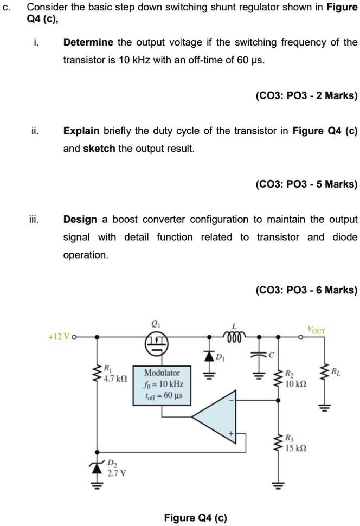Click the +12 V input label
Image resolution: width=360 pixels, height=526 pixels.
[x=61, y=336]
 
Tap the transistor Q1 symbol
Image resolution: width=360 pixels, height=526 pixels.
[x=157, y=342]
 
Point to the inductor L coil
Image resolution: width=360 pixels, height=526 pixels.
[x=235, y=336]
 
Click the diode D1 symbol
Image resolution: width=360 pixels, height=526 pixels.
[x=208, y=355]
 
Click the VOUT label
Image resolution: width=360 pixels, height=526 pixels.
[x=317, y=329]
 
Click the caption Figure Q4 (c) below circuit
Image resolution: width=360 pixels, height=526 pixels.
[x=195, y=517]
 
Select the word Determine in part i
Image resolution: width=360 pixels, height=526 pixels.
[x=88, y=42]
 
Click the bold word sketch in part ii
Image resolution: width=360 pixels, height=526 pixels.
[x=99, y=148]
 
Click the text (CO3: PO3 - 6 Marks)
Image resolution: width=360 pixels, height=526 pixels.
[x=306, y=290]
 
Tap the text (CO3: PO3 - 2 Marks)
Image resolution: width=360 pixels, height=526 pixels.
[x=306, y=96]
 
